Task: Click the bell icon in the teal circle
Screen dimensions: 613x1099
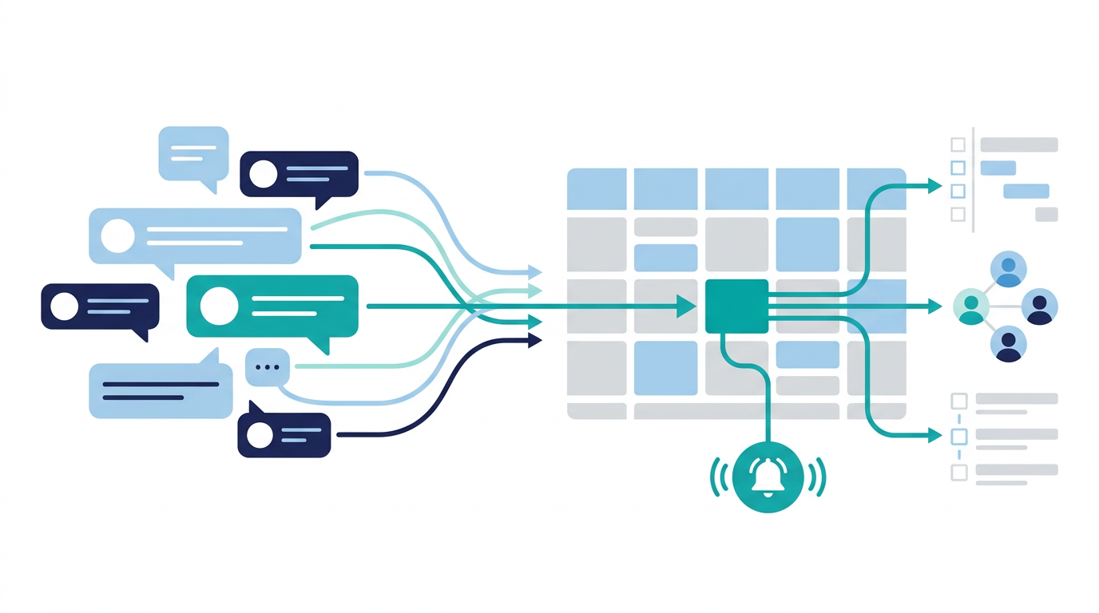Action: tap(768, 478)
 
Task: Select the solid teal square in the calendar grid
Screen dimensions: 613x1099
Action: tap(736, 306)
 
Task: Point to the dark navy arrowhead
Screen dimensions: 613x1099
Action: tap(534, 341)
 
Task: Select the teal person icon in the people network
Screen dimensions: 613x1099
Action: tap(971, 306)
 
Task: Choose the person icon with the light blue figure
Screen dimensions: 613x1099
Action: tap(1008, 269)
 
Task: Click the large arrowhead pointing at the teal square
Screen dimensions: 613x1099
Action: tap(685, 306)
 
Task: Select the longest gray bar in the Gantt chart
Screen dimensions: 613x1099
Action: tap(1019, 144)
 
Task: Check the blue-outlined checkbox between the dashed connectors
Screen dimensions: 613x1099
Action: tap(958, 436)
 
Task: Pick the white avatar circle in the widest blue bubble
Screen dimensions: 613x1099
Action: tap(119, 235)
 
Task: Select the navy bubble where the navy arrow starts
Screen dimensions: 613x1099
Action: tap(284, 435)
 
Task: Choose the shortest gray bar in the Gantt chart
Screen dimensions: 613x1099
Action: tap(1046, 214)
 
